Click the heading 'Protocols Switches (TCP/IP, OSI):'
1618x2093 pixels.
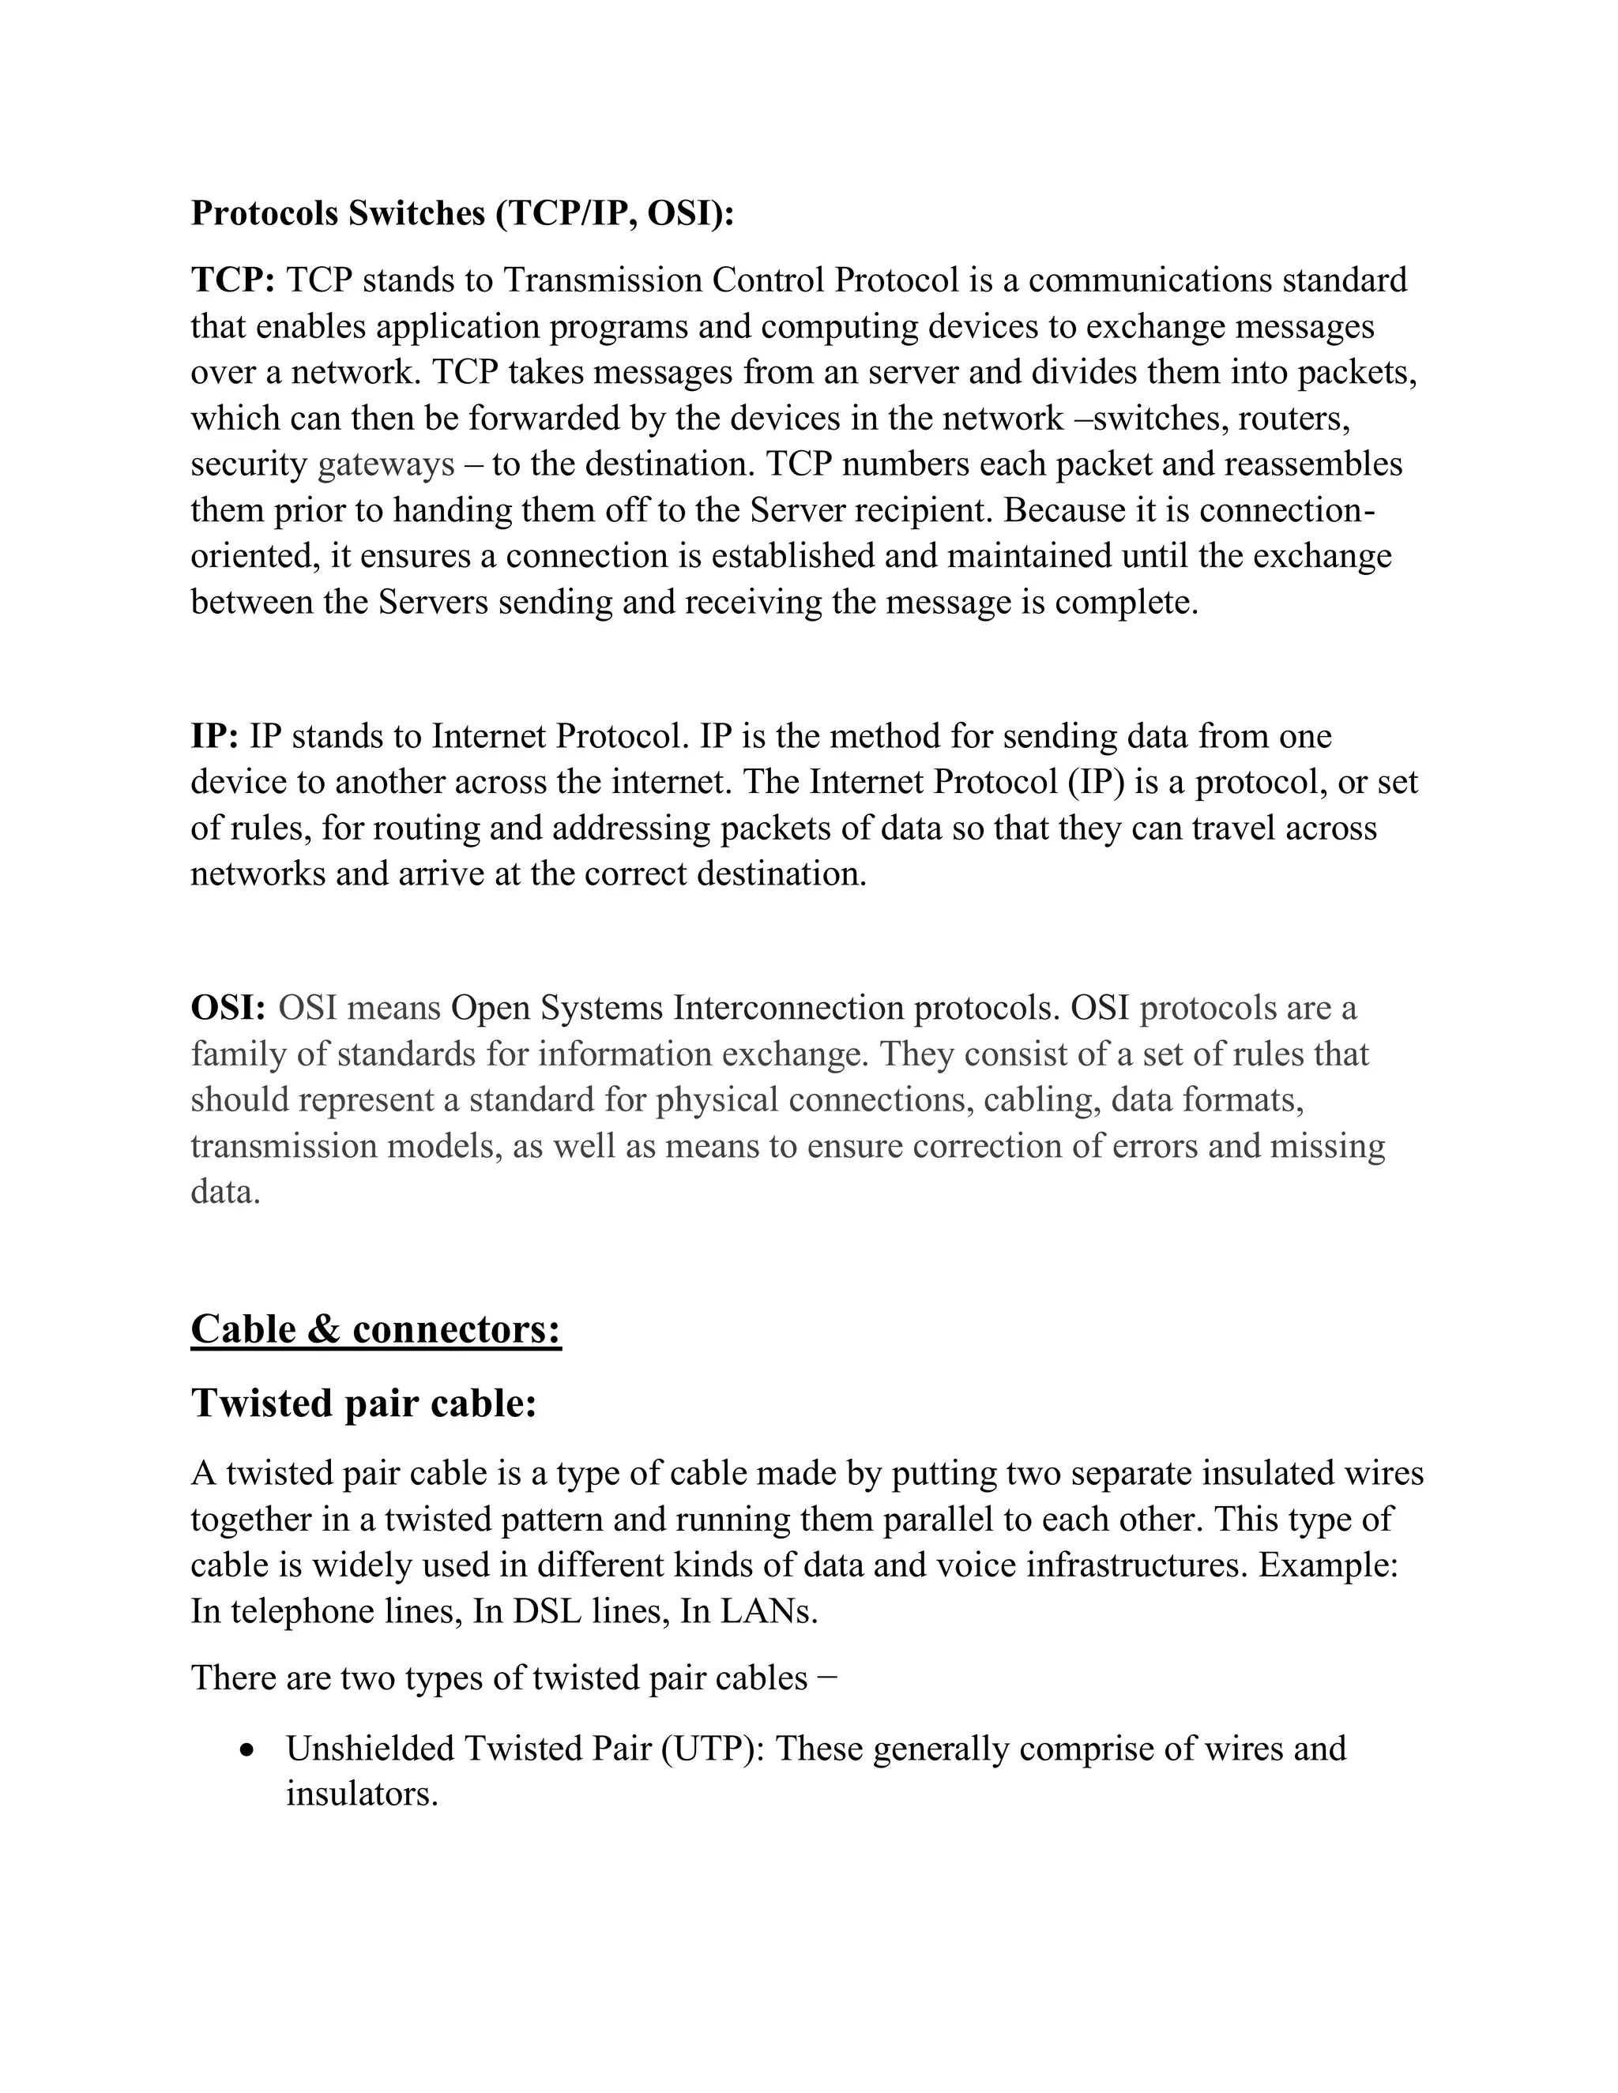[462, 212]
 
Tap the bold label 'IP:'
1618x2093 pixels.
[215, 736]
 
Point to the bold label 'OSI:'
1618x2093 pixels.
[228, 1008]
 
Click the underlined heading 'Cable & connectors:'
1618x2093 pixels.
[376, 1329]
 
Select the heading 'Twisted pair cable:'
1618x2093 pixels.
[363, 1403]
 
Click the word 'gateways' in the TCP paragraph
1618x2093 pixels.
[386, 464]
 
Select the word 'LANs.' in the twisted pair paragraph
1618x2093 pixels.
[769, 1611]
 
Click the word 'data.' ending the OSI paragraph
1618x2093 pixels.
[225, 1192]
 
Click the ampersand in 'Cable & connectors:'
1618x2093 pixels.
[324, 1329]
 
